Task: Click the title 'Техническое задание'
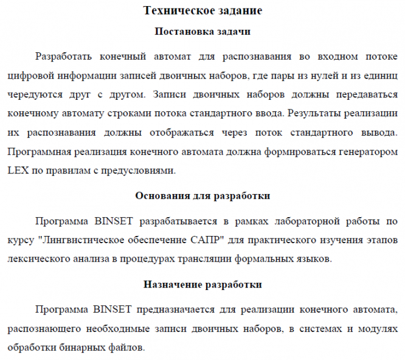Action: pyautogui.click(x=203, y=11)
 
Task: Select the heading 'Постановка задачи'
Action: pyautogui.click(x=203, y=31)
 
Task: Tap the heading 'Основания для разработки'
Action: pyautogui.click(x=203, y=196)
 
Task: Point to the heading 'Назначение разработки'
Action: pyautogui.click(x=203, y=284)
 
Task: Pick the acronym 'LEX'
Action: pyautogui.click(x=19, y=170)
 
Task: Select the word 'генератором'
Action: pyautogui.click(x=369, y=151)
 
